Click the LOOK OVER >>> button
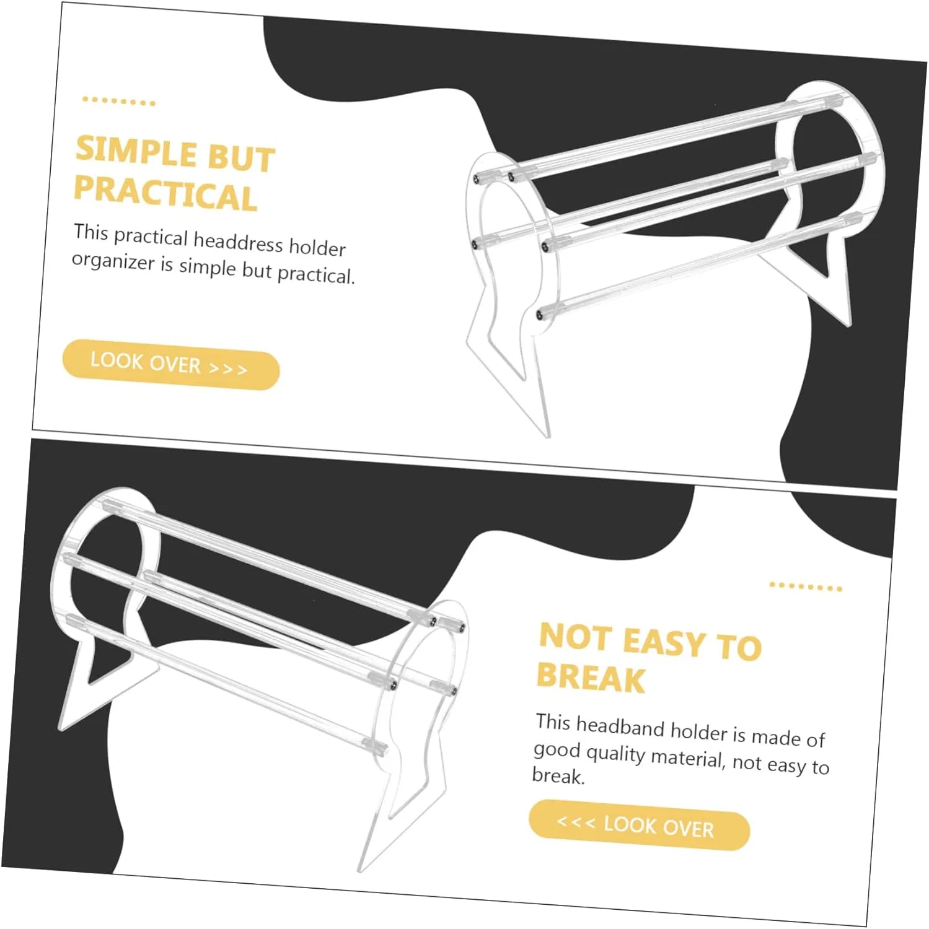(170, 364)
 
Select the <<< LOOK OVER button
(639, 825)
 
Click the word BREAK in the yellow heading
(591, 677)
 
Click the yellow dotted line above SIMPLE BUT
(118, 101)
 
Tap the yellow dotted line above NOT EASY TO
(805, 587)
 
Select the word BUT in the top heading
(241, 158)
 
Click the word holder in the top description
(317, 247)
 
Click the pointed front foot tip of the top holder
(547, 435)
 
